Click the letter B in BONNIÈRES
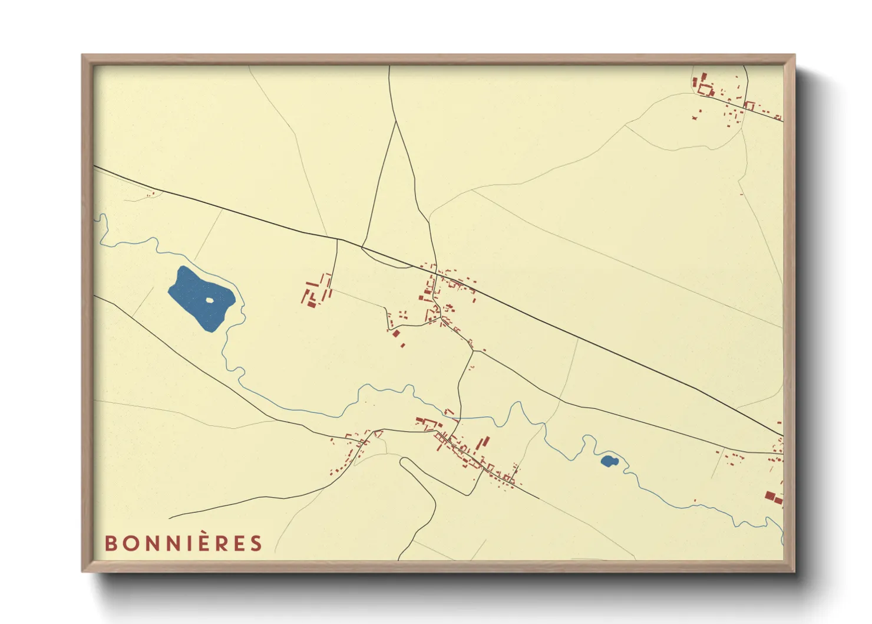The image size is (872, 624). pyautogui.click(x=111, y=543)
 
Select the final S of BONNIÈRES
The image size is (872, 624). pyautogui.click(x=256, y=543)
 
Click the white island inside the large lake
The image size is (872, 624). pyautogui.click(x=209, y=300)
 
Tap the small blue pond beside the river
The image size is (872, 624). pyautogui.click(x=608, y=461)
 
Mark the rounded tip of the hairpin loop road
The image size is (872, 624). pyautogui.click(x=404, y=461)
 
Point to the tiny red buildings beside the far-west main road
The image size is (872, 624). pyautogui.click(x=151, y=193)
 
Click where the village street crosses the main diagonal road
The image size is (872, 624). pyautogui.click(x=437, y=272)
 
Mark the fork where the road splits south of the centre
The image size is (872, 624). pyautogui.click(x=473, y=352)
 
